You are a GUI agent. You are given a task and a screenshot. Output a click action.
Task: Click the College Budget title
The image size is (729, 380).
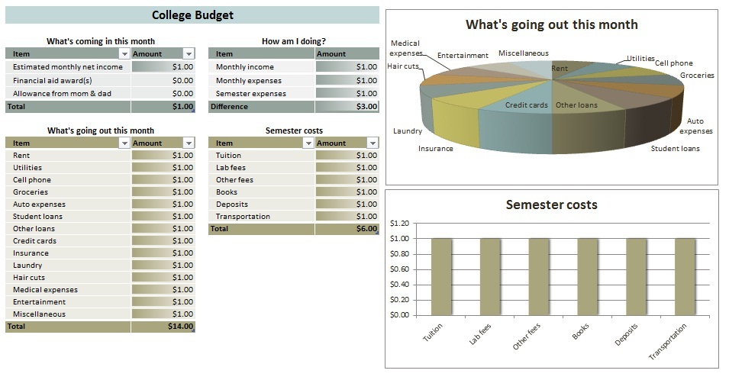192,15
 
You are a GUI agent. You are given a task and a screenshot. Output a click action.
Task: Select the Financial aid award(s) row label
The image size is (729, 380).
53,80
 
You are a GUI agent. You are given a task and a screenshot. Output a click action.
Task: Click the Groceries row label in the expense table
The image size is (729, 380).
31,192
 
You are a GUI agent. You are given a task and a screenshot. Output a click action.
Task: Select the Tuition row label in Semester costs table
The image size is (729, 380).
228,156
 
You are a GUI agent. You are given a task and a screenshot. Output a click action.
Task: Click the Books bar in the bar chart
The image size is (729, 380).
587,276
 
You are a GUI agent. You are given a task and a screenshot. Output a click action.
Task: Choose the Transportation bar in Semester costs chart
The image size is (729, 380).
685,276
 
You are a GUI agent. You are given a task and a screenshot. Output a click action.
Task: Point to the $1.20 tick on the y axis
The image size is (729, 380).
400,224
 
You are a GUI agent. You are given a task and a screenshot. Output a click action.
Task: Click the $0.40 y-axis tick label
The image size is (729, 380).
400,285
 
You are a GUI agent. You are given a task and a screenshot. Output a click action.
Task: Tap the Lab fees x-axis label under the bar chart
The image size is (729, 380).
480,337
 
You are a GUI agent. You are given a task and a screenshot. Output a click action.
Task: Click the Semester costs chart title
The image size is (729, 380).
551,204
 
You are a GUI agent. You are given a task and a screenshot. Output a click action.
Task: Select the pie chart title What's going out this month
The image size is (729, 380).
551,24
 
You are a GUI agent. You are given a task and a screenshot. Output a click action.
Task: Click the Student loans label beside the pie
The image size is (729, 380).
675,149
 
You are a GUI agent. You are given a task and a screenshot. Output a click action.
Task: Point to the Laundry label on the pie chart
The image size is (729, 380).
408,131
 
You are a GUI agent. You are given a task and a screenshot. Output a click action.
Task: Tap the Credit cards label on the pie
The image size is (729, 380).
527,105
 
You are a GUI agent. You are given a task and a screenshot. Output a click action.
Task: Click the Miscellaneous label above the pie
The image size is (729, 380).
523,53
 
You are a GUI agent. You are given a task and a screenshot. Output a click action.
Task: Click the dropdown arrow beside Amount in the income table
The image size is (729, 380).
189,54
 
